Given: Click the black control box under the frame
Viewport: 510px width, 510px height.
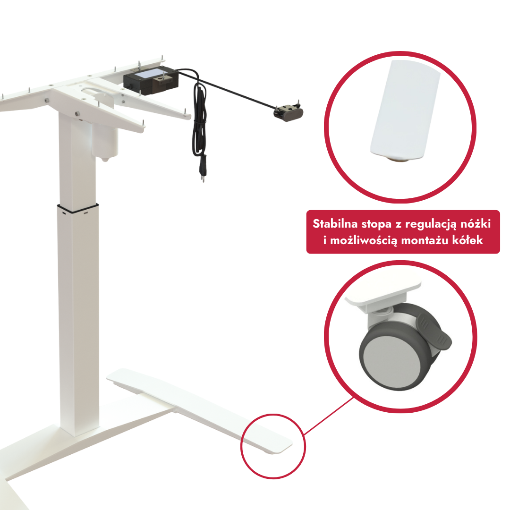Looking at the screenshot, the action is [151, 80].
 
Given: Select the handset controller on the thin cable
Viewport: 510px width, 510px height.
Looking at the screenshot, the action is [288, 113].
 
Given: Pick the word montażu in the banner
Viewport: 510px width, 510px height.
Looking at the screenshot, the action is [425, 241].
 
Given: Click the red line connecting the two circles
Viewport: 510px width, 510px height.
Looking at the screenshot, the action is [329, 416].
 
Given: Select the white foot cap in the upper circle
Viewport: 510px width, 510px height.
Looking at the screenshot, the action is [405, 109].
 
